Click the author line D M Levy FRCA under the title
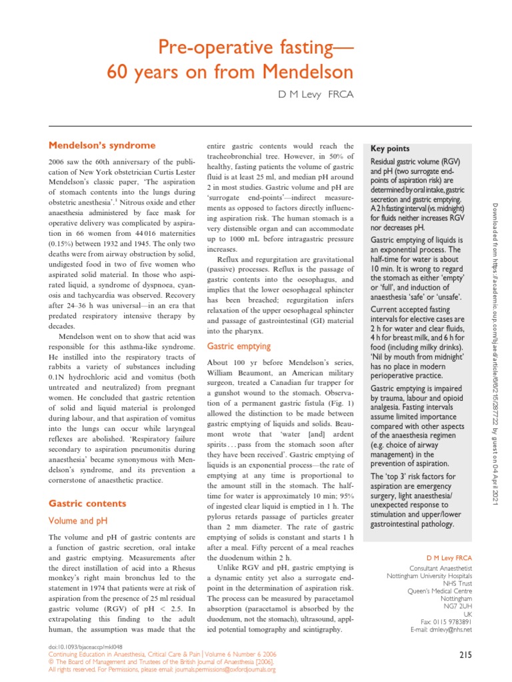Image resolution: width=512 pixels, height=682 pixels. pos(315,95)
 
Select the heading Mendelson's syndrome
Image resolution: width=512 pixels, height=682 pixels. pos(103,145)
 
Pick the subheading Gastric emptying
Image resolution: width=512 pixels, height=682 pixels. pos(239,346)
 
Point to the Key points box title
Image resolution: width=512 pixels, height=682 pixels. pos(391,149)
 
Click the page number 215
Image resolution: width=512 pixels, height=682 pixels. pos(465,655)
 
